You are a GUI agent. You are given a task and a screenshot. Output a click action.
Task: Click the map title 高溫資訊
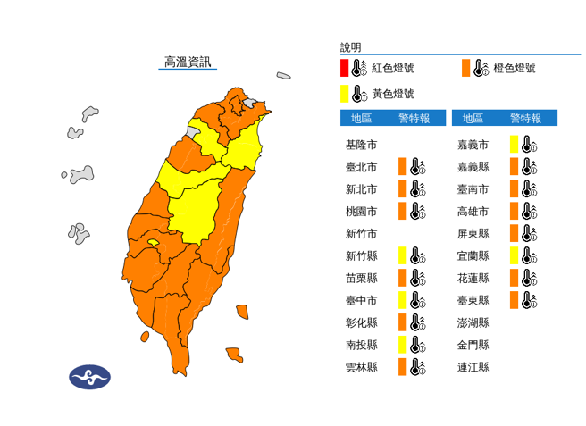click(x=188, y=62)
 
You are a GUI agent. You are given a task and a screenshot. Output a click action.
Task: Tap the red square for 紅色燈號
click(x=344, y=68)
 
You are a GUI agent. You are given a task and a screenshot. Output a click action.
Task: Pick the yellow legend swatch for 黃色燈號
click(x=344, y=93)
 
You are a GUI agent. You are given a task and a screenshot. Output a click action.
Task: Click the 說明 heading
click(x=351, y=47)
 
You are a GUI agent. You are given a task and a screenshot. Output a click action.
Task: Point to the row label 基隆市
click(x=361, y=144)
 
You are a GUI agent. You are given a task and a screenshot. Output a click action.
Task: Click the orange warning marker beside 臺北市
click(x=403, y=166)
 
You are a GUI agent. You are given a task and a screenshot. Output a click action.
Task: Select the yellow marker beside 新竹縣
click(x=403, y=255)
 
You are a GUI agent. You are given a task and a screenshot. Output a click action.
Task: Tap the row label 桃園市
click(x=361, y=211)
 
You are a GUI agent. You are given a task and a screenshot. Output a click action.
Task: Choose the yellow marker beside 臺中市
click(x=403, y=300)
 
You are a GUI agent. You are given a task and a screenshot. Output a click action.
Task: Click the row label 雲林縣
click(x=361, y=367)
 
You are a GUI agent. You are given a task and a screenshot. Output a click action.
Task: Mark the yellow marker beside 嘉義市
click(x=515, y=144)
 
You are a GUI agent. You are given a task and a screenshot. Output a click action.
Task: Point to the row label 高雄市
click(x=473, y=211)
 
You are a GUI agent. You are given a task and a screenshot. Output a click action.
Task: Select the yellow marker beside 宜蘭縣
click(x=515, y=255)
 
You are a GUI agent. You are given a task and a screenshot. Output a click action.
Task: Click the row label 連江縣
click(x=473, y=367)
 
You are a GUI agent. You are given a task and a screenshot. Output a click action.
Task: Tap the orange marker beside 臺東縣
click(x=515, y=300)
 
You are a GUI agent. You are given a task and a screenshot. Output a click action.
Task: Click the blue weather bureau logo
click(x=89, y=376)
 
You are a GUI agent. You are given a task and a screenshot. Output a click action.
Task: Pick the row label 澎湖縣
click(x=473, y=322)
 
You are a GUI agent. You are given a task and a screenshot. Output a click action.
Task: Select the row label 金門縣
click(x=473, y=345)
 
